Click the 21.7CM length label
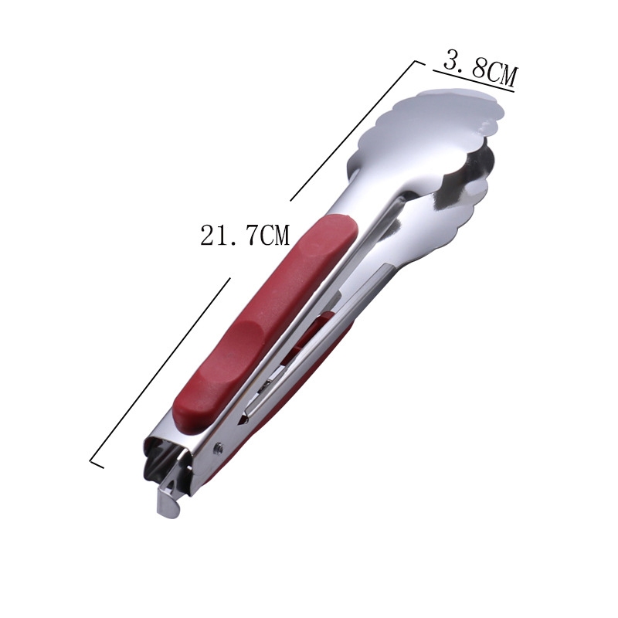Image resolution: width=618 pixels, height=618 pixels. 245,236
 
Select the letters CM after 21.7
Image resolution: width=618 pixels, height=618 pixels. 274,236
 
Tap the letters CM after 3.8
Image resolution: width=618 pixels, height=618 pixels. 501,73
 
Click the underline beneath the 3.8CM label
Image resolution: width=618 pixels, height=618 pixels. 474,81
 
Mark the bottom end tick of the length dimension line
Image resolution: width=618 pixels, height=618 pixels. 97,463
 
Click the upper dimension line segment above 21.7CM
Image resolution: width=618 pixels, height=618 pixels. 353,131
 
